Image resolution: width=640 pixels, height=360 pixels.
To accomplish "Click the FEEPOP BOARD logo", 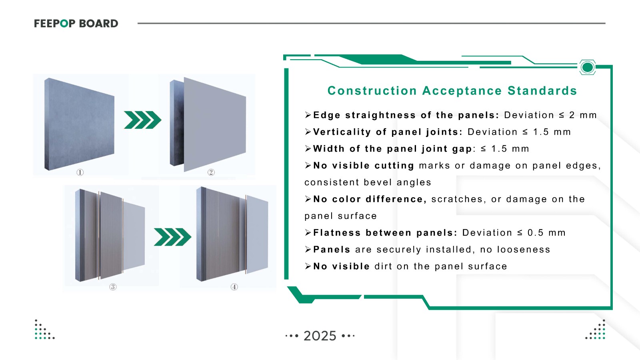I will tap(76, 24).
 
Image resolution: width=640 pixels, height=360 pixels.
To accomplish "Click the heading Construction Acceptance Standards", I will tap(452, 91).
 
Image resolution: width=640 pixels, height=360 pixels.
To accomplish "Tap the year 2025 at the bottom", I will tap(320, 336).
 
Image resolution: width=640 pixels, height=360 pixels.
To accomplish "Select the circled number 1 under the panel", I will tap(80, 172).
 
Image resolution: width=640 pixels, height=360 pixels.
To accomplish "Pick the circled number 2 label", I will tap(211, 172).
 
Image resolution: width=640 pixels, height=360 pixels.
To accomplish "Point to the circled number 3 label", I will tap(113, 287).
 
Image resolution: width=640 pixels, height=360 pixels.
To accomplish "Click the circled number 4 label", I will tap(234, 287).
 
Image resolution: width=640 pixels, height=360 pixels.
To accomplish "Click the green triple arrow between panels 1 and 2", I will tap(142, 120).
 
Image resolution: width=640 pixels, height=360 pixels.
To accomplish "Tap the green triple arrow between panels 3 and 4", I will tap(172, 237).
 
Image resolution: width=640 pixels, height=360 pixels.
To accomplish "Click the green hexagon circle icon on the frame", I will tap(587, 67).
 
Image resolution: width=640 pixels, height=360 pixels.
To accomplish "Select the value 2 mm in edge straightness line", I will tap(583, 115).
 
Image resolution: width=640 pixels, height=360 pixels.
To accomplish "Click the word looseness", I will tap(524, 250).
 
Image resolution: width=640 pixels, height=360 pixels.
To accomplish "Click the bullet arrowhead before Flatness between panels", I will tap(308, 233).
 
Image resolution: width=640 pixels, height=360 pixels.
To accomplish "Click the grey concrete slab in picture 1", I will tap(79, 124).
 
